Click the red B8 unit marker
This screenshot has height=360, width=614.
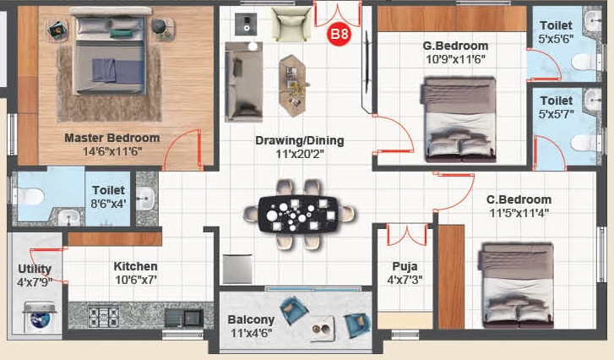(340, 34)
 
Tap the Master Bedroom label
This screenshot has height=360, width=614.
(112, 138)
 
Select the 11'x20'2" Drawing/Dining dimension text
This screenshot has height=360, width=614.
(300, 154)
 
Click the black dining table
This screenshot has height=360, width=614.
(298, 215)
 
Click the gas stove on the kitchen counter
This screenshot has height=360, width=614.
(104, 317)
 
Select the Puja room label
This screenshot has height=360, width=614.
(405, 266)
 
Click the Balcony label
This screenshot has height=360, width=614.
(251, 319)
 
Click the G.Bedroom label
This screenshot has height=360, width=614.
(455, 46)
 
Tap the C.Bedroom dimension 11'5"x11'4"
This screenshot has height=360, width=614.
(519, 213)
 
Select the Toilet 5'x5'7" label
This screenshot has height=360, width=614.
(556, 107)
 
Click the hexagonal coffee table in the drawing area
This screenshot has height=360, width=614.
(292, 86)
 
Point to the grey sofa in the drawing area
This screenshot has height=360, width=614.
(243, 81)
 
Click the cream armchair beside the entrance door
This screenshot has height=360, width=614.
(291, 24)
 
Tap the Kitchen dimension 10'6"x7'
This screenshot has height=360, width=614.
(135, 280)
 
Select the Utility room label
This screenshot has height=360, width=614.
(35, 269)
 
